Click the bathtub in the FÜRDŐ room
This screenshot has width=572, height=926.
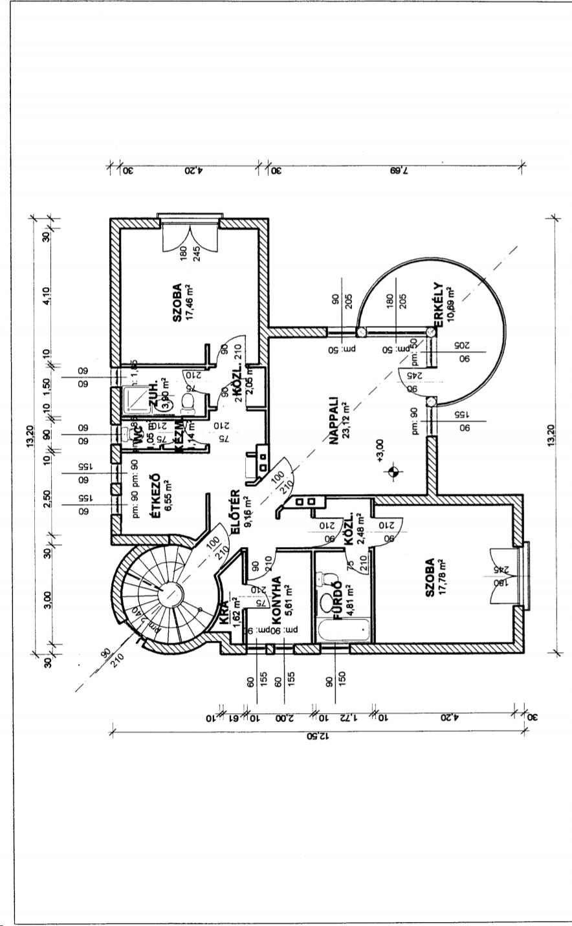coord(343,630)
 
